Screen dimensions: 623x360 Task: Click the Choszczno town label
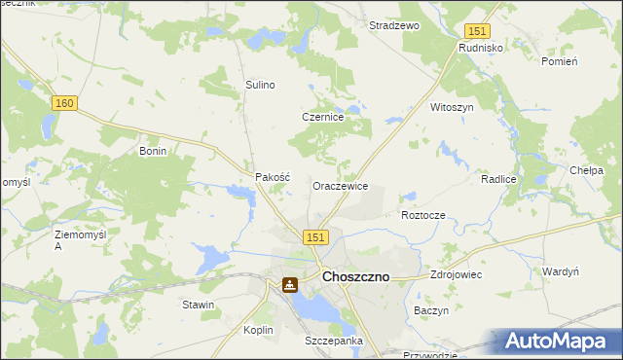coord(355,276)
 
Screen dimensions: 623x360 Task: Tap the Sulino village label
coord(260,85)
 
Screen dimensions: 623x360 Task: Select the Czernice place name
coord(321,117)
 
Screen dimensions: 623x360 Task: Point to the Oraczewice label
coord(339,185)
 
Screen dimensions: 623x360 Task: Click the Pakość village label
coord(273,178)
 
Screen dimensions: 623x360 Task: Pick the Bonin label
coord(154,151)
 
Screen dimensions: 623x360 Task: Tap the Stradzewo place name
coord(393,26)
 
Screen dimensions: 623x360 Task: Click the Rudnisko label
coord(480,46)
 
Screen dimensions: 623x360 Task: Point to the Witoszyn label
coord(452,107)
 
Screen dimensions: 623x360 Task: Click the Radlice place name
coord(497,180)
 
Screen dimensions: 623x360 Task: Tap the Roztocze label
coord(423,214)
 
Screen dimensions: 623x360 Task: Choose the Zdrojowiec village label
coord(457,275)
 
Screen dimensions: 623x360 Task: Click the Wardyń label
coord(561,271)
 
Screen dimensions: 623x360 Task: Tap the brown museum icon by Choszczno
coord(290,285)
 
